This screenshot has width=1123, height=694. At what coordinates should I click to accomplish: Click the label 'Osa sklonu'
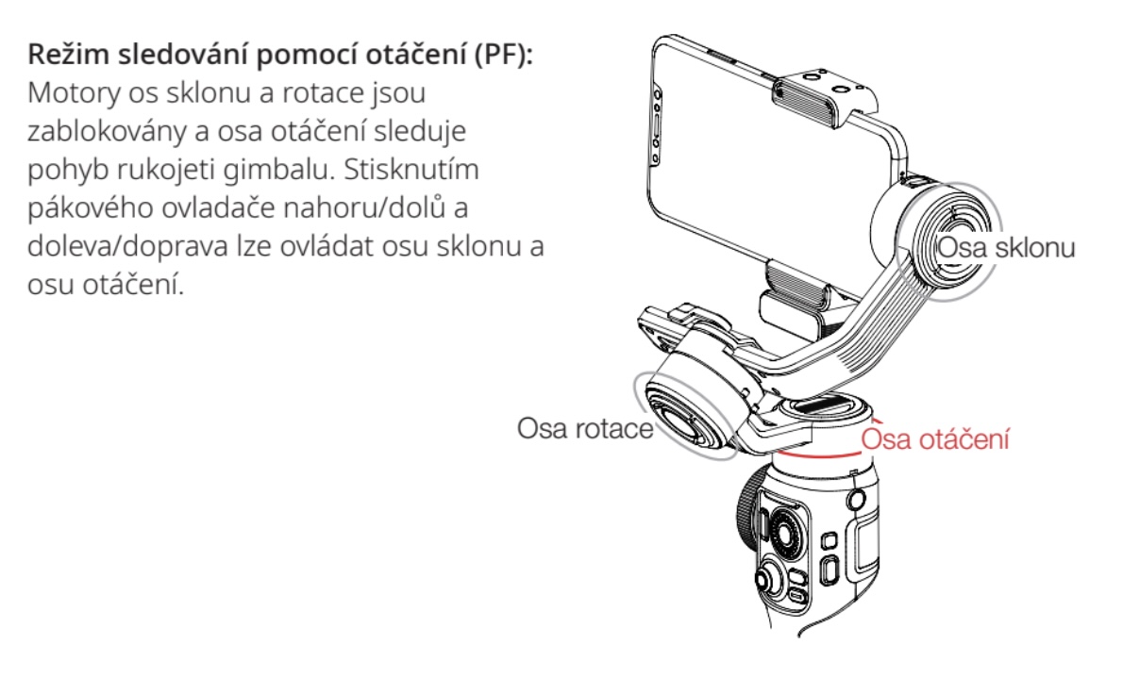click(1006, 248)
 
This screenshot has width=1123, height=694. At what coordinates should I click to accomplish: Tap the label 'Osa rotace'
click(585, 428)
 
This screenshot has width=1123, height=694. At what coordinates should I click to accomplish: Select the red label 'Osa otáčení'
click(935, 438)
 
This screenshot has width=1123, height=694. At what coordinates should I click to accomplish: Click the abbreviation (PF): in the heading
click(504, 55)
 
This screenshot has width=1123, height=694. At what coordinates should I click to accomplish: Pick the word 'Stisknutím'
click(411, 171)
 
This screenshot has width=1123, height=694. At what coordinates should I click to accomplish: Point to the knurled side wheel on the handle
click(747, 510)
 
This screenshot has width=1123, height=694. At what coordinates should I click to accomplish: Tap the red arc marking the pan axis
click(818, 454)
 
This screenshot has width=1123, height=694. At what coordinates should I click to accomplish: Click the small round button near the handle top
click(856, 499)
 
